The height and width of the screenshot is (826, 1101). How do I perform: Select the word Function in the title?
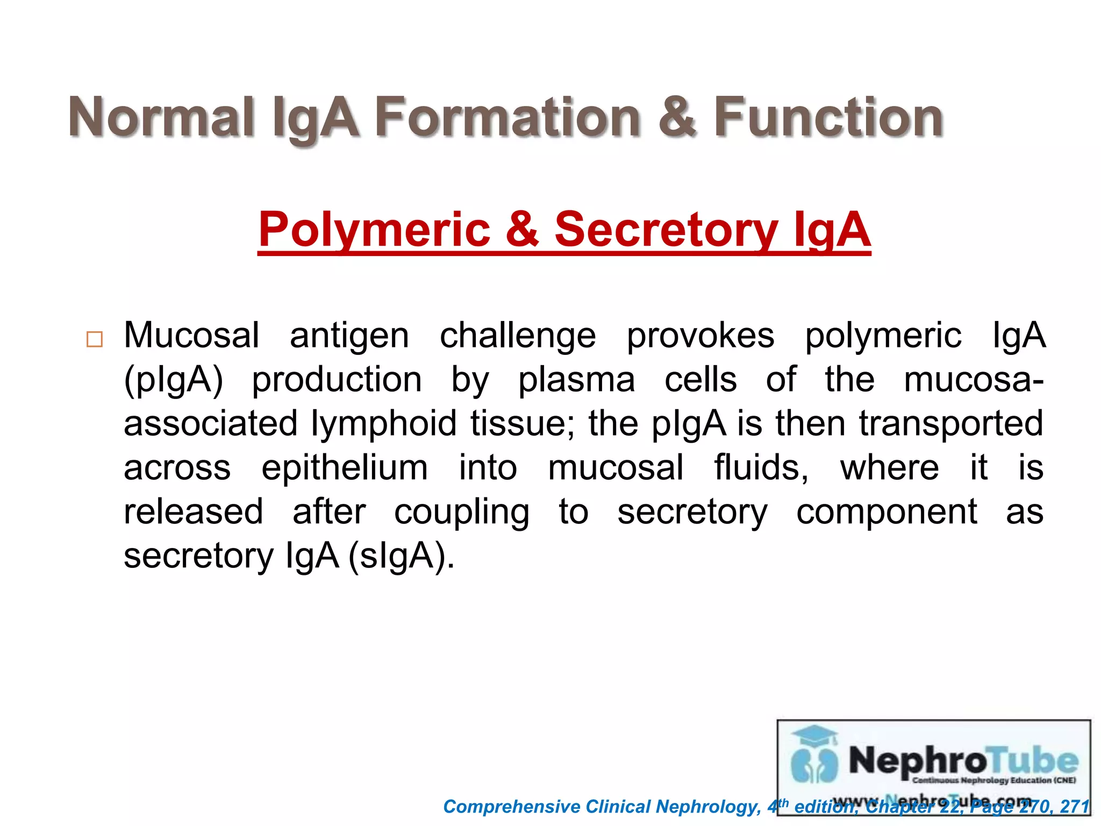point(828,117)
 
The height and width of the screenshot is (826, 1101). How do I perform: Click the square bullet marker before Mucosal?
point(95,339)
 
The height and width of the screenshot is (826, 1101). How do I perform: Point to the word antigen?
point(349,336)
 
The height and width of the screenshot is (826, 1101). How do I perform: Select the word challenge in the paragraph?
point(518,336)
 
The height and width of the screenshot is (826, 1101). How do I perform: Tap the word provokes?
point(700,336)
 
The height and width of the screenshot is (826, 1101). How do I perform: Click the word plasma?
point(576,380)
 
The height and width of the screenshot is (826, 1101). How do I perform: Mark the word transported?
point(950,424)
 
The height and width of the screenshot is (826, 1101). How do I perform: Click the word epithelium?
point(345,468)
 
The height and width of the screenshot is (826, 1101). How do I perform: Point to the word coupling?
point(461,512)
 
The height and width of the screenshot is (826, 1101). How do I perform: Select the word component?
point(886,512)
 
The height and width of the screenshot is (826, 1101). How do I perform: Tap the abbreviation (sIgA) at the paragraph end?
point(401,556)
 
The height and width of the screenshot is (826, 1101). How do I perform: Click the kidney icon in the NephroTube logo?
point(814,764)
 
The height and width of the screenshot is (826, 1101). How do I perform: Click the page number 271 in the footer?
point(1075,807)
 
